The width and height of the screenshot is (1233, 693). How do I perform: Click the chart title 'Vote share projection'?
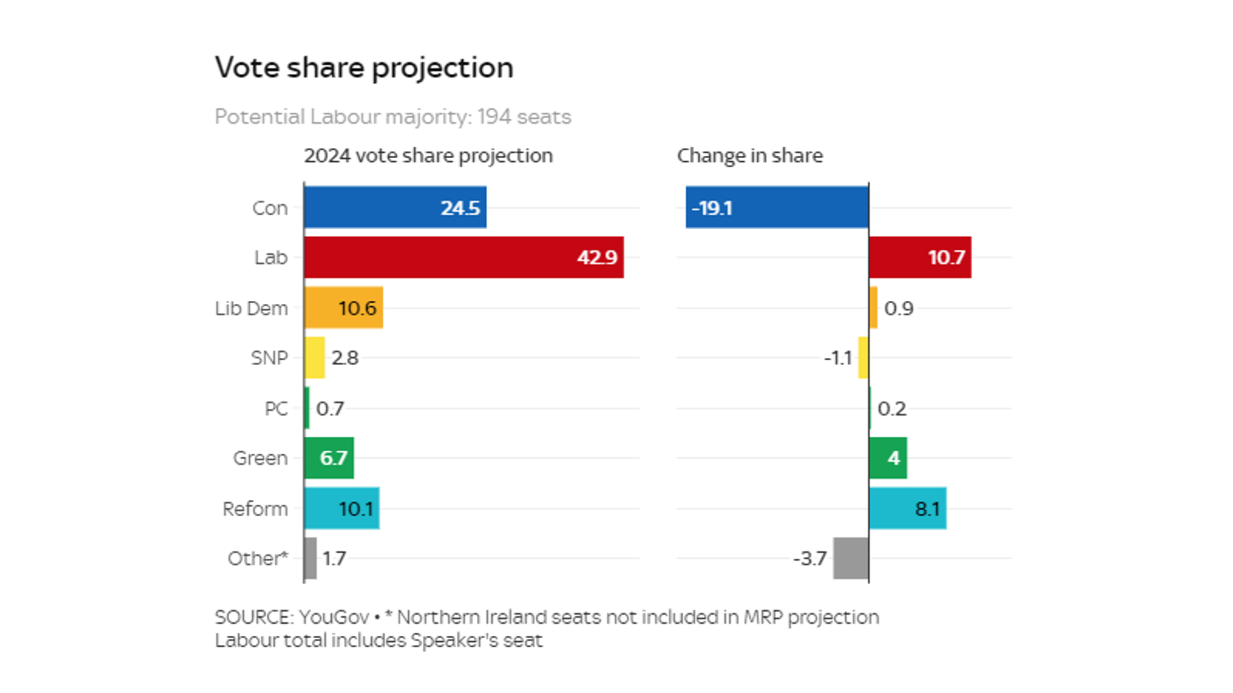[x=364, y=67]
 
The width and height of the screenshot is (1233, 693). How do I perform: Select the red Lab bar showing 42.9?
[x=464, y=257]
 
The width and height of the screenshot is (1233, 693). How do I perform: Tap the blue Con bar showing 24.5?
[x=395, y=208]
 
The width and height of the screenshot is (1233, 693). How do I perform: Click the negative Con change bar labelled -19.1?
[x=777, y=208]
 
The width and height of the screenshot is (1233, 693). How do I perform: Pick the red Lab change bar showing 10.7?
[x=919, y=257]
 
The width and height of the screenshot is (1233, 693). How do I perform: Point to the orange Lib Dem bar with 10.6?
[x=343, y=307]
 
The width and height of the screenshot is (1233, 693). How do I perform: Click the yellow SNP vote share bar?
[x=315, y=358]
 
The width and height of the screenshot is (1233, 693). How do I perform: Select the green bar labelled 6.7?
[x=329, y=458]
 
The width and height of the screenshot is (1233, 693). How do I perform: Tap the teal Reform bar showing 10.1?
[x=341, y=508]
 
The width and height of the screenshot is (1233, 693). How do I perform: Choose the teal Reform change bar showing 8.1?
[x=907, y=508]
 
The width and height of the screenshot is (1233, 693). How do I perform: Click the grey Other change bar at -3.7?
[x=851, y=558]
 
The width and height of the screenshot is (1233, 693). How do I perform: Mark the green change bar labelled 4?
[x=887, y=458]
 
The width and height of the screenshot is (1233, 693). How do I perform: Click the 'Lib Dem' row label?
[x=251, y=308]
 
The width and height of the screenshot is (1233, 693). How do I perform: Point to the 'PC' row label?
[x=276, y=408]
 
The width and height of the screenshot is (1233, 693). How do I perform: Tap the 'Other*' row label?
[x=257, y=558]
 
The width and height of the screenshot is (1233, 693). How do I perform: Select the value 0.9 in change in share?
[x=898, y=308]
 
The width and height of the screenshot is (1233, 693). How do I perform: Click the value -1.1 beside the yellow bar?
[x=837, y=358]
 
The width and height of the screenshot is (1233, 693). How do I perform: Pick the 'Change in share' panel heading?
[x=750, y=156]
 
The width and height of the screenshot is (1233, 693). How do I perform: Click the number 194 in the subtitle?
[x=494, y=117]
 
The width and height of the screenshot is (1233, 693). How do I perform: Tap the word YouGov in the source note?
[x=334, y=617]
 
